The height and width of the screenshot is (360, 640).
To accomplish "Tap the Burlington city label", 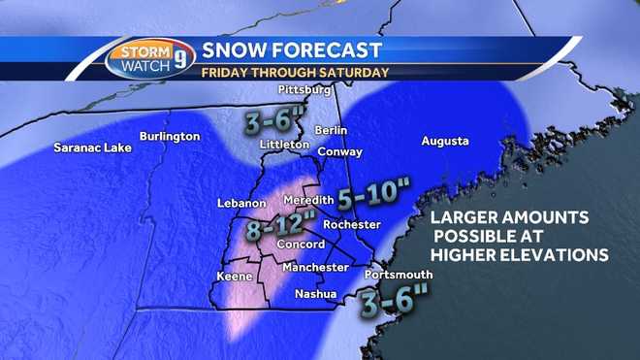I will pyautogui.click(x=169, y=137).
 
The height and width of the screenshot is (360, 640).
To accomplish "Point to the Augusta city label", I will pyautogui.click(x=445, y=142).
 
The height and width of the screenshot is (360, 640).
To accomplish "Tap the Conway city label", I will pyautogui.click(x=339, y=151).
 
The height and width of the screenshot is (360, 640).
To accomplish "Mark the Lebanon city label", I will pyautogui.click(x=241, y=204).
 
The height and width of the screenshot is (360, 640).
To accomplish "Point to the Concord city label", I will pyautogui.click(x=301, y=245).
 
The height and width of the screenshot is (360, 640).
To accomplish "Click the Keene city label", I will pyautogui.click(x=234, y=277).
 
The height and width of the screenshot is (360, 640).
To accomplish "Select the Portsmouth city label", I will pyautogui.click(x=392, y=275).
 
